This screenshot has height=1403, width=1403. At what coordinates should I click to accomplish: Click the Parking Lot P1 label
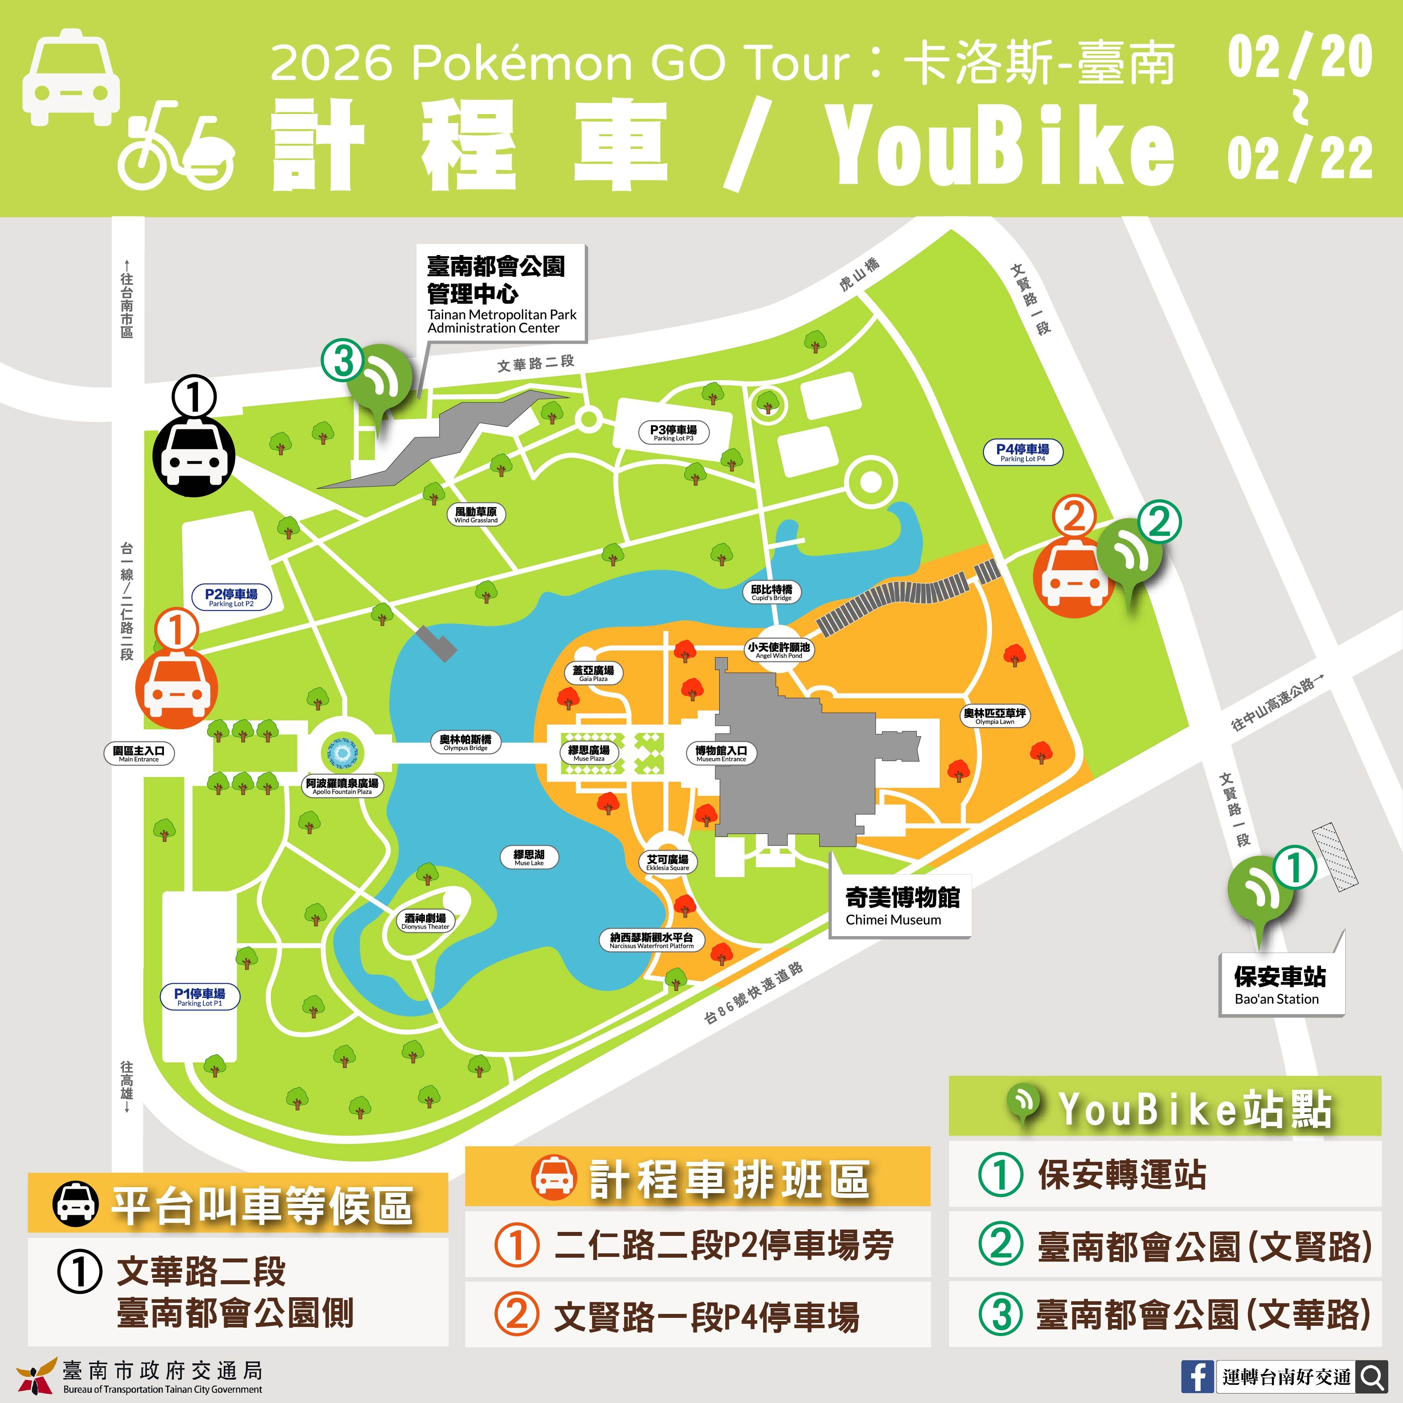[200, 996]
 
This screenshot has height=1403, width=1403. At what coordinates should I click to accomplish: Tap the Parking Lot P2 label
[231, 597]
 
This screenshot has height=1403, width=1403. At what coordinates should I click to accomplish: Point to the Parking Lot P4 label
[1022, 452]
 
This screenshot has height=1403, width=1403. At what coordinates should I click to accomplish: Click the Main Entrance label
[139, 753]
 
